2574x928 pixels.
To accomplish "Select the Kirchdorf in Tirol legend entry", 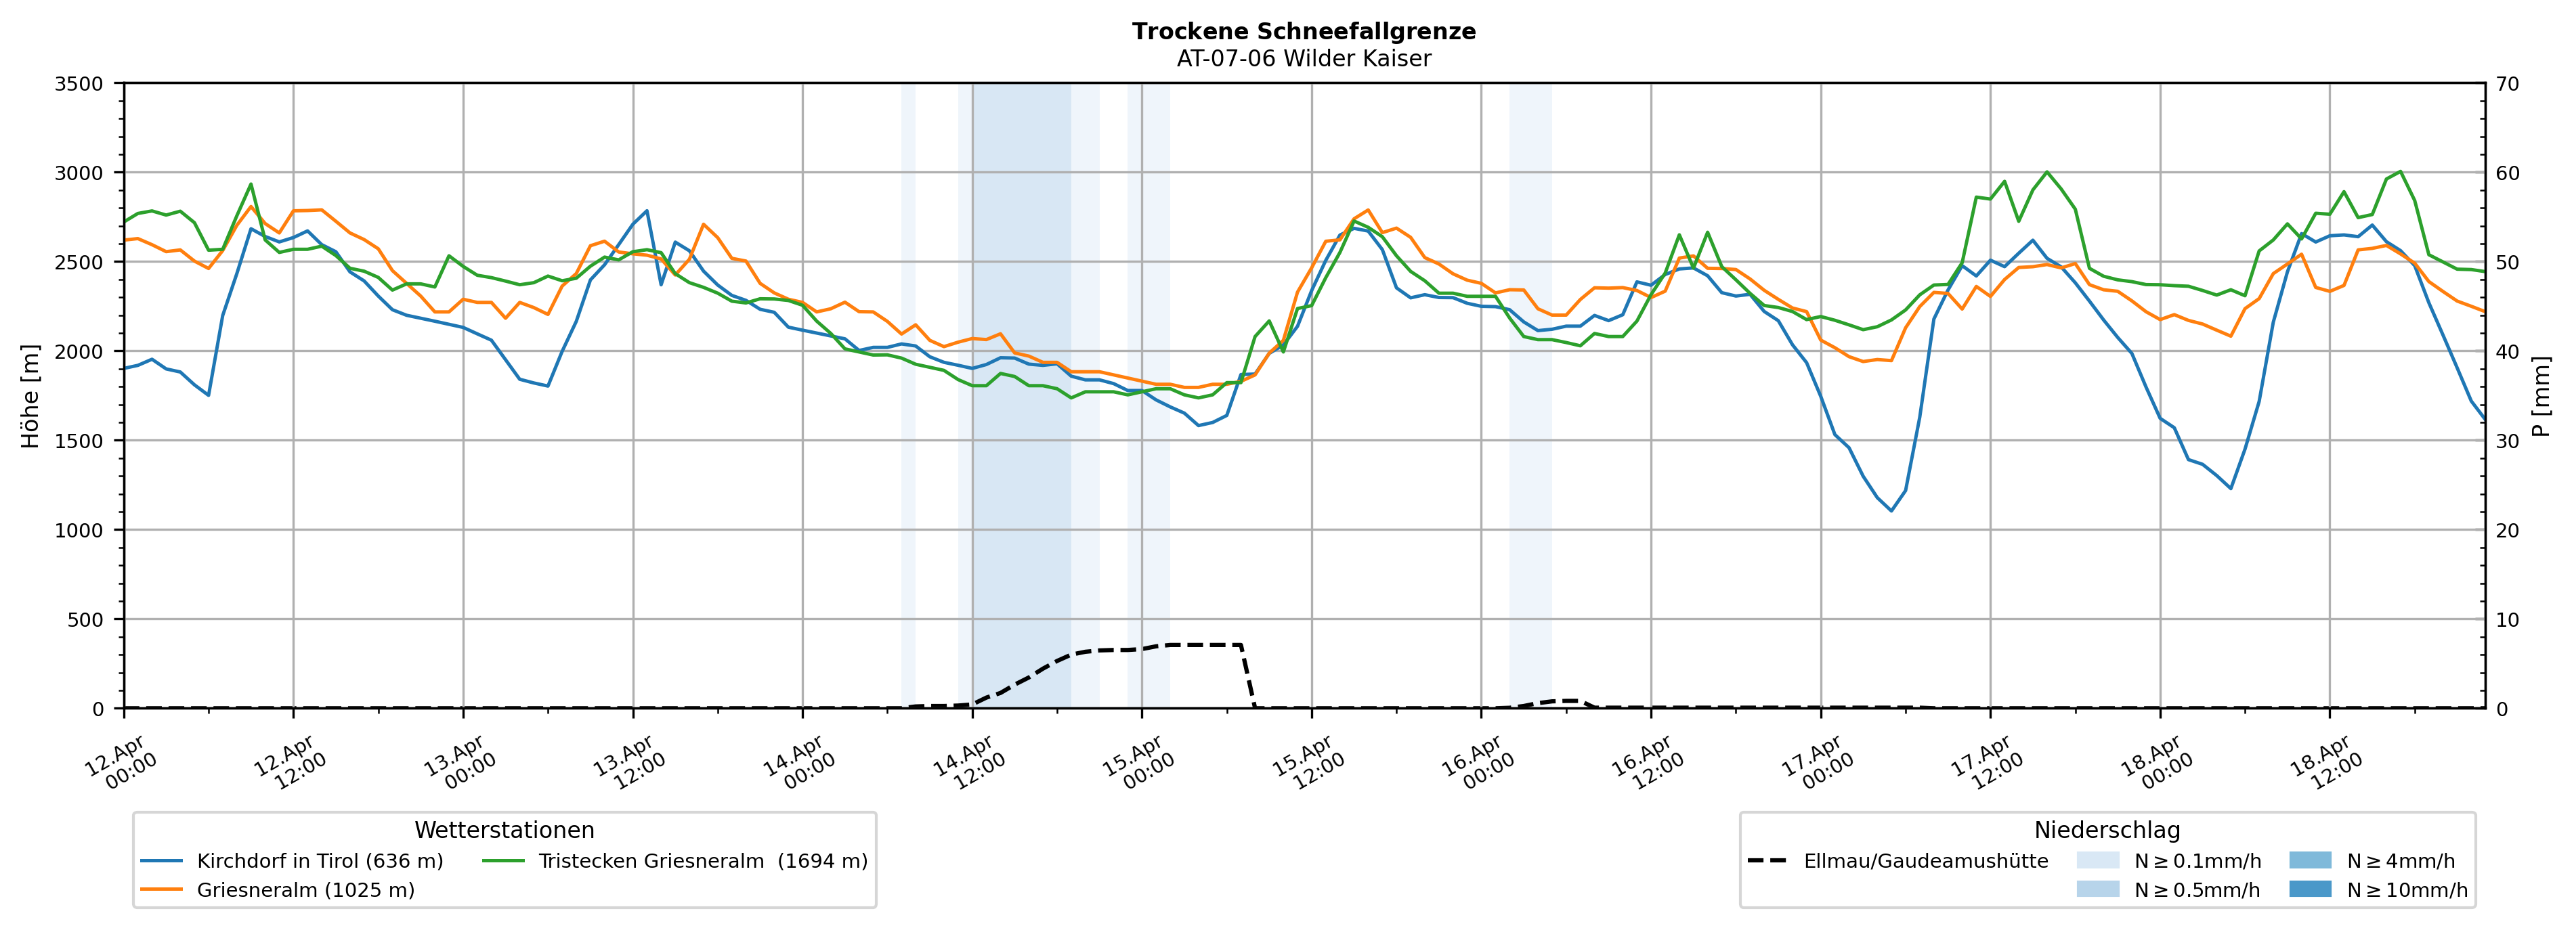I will [320, 861].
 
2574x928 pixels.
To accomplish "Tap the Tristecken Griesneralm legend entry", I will [702, 861].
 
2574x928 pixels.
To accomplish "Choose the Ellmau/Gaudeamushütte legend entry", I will [1925, 861].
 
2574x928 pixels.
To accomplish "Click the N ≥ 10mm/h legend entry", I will [2406, 890].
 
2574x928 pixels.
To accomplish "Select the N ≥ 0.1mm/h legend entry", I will [2196, 861].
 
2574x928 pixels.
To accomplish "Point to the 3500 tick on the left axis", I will [79, 84].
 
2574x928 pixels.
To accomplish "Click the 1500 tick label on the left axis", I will [79, 441].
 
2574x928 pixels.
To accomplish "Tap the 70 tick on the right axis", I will [2508, 84].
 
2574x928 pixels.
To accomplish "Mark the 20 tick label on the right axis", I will [2508, 531].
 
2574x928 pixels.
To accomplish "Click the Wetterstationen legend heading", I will [504, 830].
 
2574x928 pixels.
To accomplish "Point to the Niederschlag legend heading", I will [2106, 830].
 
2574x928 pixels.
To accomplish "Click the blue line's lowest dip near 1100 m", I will [1891, 510].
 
